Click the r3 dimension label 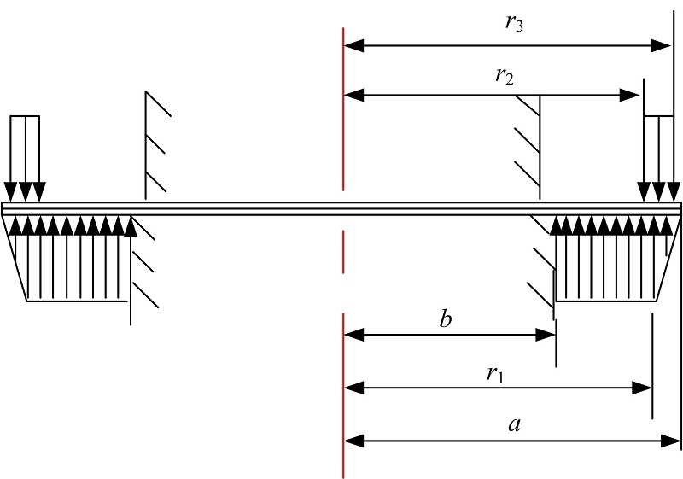(x=514, y=23)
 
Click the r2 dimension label (x=505, y=76)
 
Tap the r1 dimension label (x=495, y=374)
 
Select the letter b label (x=445, y=319)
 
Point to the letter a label (x=515, y=424)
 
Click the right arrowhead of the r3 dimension (x=661, y=45)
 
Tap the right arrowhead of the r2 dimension (x=629, y=95)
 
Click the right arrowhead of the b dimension (x=546, y=335)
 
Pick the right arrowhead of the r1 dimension (x=642, y=388)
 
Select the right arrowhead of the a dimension (x=670, y=441)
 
